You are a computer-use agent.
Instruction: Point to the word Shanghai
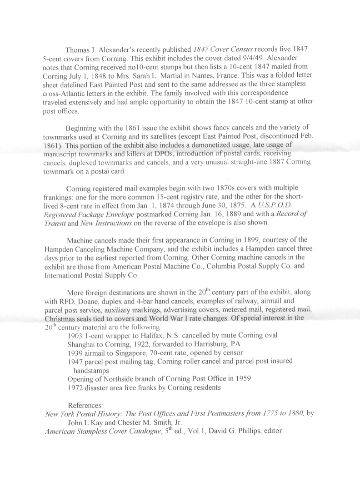[x=82, y=344]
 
